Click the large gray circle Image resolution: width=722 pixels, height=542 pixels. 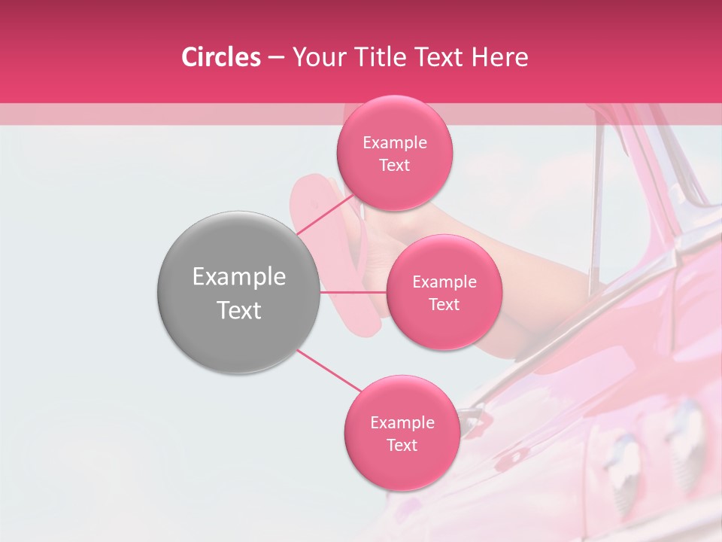coord(238,292)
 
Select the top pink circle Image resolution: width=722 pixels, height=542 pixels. coord(394,153)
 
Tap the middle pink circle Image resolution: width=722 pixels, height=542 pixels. coord(444,292)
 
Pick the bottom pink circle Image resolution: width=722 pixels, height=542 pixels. coord(402,433)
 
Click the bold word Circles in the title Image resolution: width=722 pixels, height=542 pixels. coord(221,57)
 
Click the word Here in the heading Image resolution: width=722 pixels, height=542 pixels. coord(501,57)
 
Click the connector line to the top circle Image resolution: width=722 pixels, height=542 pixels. coord(325,212)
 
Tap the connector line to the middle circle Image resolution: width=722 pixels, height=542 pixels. coord(353,292)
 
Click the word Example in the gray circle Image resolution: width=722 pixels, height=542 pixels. coord(239,277)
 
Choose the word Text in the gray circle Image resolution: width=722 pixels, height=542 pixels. coord(239,310)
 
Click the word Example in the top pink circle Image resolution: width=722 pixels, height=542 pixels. coord(395,143)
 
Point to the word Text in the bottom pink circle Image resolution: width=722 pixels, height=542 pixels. coord(402,445)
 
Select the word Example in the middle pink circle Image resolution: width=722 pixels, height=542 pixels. coord(444,282)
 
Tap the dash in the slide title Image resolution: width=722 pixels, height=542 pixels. coord(276,57)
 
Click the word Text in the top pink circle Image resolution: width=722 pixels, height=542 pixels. coord(394,165)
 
